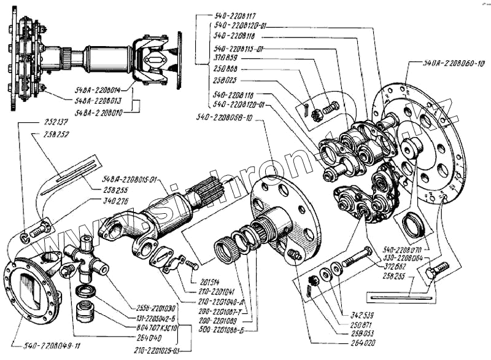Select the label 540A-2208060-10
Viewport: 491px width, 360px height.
point(454,63)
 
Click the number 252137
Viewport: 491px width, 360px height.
point(56,122)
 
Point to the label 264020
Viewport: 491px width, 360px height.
point(355,345)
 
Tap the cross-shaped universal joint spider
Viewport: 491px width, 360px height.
point(86,261)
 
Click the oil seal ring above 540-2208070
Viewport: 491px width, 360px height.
point(412,226)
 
